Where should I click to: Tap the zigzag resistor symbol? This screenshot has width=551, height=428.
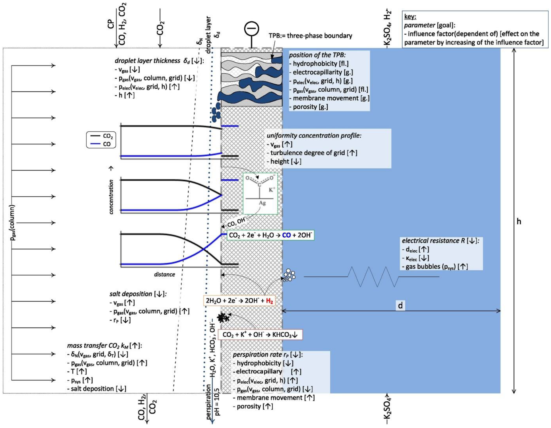(373, 277)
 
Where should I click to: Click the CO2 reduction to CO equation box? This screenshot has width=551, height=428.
(270, 235)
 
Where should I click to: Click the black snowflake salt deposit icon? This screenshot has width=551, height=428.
(222, 318)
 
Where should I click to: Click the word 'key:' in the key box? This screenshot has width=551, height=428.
(410, 17)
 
